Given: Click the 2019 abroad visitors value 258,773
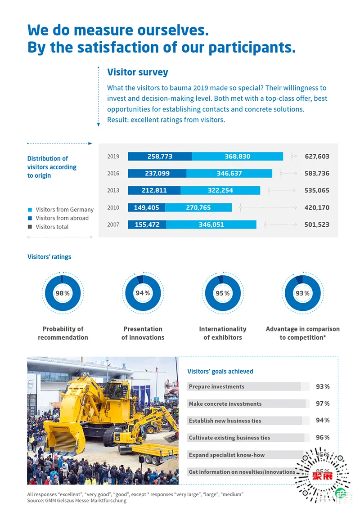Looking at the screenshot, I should [x=160, y=157].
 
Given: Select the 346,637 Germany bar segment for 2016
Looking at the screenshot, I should [x=229, y=173].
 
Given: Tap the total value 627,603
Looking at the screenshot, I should [x=317, y=157].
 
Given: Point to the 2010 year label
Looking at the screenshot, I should [x=113, y=207].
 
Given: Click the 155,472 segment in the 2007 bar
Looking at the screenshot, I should [x=147, y=224].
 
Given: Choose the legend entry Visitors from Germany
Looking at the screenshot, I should [x=64, y=210].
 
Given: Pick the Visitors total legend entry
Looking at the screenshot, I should [x=52, y=227].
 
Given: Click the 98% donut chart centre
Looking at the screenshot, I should [x=63, y=293].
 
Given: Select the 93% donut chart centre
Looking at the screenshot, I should [x=302, y=293].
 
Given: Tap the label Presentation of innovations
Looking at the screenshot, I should [x=143, y=333].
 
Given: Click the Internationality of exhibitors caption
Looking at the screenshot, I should [x=223, y=333].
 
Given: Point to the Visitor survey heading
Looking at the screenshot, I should [x=138, y=72].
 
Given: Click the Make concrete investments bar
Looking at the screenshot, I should [x=247, y=403].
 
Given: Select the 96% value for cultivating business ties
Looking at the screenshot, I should [x=323, y=437].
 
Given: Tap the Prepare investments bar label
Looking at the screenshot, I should [x=216, y=386].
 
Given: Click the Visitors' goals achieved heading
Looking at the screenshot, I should [x=220, y=372].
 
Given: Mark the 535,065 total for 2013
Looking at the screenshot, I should [x=317, y=190].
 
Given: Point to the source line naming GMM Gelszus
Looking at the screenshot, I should [x=77, y=500].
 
